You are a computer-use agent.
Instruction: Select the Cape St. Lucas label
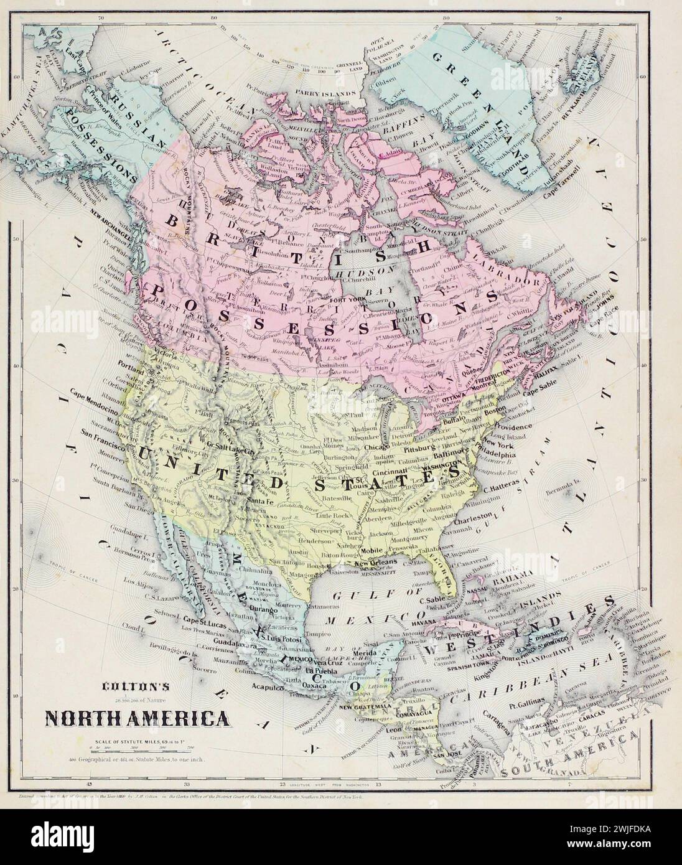[x=202, y=620]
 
